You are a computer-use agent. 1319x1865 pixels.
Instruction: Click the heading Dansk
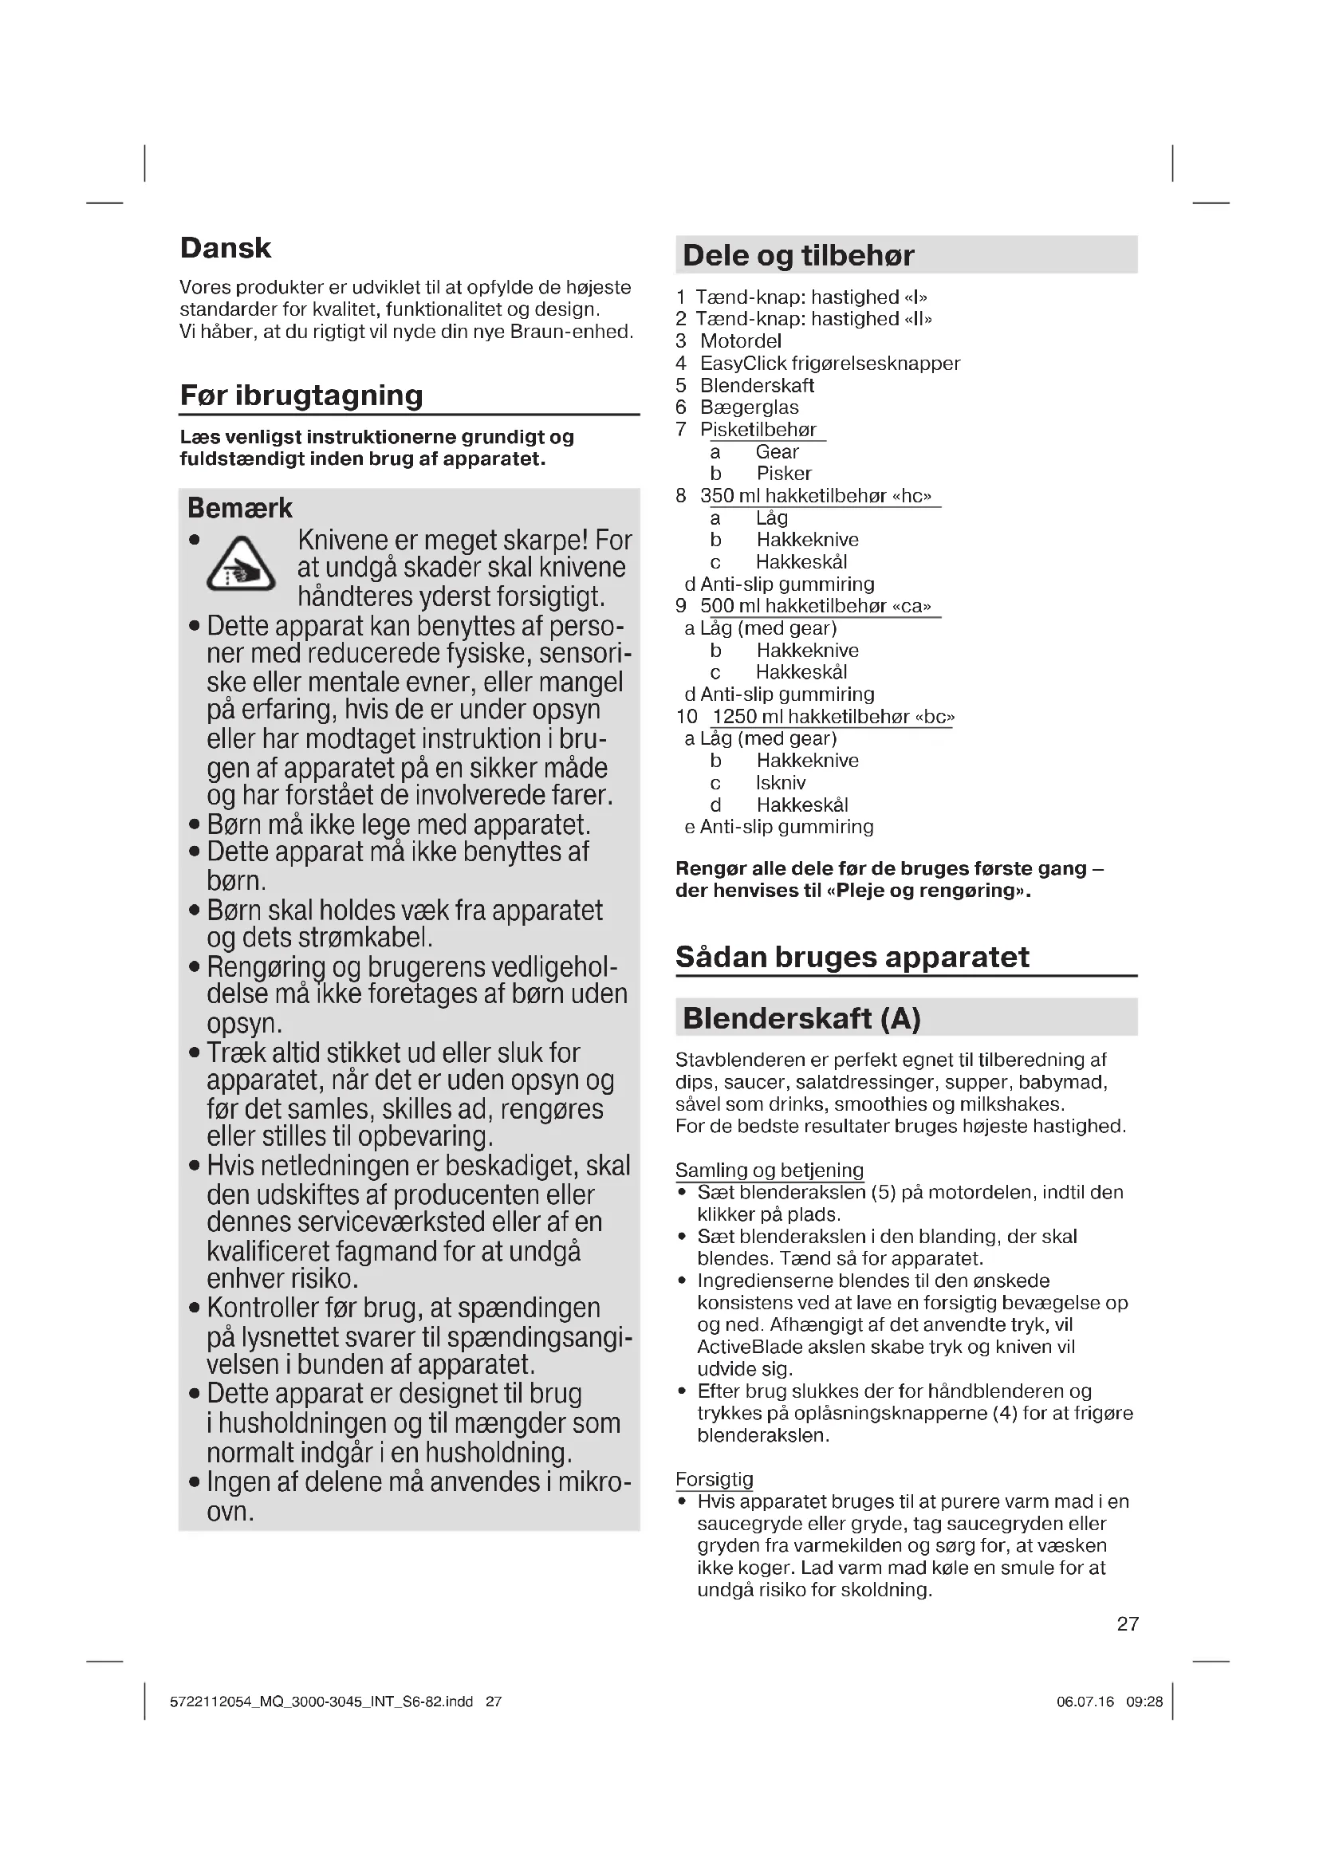(225, 248)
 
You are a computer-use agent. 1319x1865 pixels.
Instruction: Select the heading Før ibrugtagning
(301, 395)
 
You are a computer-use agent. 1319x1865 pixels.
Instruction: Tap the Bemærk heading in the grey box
(239, 508)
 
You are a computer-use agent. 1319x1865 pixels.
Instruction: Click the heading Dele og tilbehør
(797, 255)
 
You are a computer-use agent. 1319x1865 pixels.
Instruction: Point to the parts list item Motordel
(740, 341)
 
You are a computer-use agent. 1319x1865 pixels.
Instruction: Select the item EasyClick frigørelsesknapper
(829, 363)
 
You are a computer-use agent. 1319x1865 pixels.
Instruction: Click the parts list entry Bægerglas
(749, 407)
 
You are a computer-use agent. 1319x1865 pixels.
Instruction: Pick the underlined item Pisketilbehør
(758, 430)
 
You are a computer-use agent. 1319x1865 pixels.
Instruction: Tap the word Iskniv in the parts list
(781, 783)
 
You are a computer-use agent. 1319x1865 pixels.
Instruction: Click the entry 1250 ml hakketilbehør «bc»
(833, 717)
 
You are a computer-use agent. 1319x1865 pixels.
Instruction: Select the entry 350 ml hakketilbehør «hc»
(816, 495)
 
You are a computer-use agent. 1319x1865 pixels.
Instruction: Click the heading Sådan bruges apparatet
(852, 957)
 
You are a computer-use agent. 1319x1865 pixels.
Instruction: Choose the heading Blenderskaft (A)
(801, 1017)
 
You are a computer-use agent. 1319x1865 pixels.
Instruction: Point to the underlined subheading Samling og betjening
(769, 1170)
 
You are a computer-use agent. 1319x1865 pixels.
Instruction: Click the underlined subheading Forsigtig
(714, 1478)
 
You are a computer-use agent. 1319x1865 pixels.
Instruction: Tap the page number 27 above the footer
(1128, 1623)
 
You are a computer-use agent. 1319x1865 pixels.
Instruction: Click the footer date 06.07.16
(1085, 1702)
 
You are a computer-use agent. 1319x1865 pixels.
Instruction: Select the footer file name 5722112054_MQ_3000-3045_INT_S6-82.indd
(321, 1702)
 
